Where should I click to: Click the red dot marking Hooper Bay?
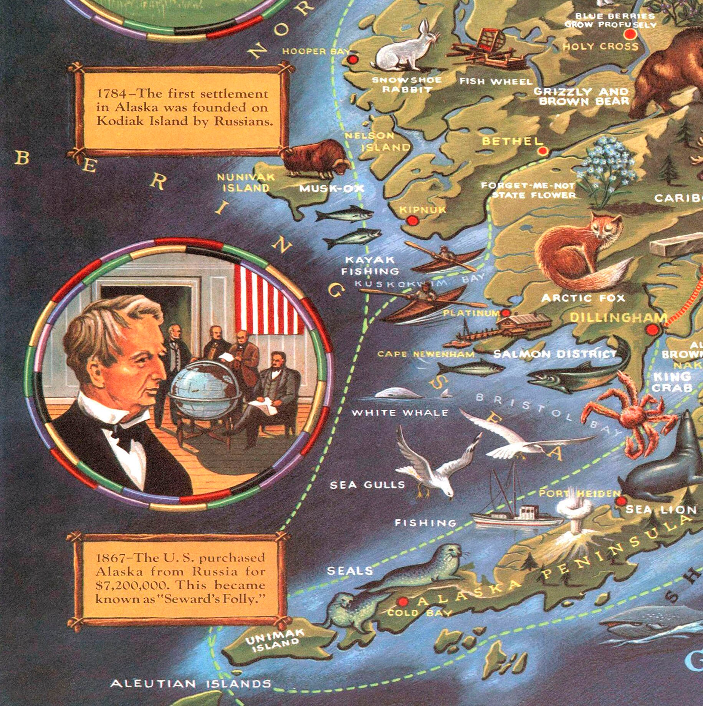(352, 60)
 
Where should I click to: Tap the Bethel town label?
(512, 141)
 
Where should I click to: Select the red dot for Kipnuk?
(412, 220)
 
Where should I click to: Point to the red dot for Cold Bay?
(403, 601)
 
